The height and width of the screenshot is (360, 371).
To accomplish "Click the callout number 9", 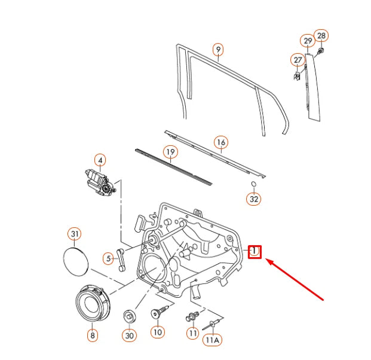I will click(x=217, y=48).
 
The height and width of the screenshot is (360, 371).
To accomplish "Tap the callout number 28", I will click(x=321, y=36).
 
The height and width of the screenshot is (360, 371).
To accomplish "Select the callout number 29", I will click(x=307, y=41).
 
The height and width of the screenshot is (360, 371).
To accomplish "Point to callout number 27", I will click(x=298, y=60).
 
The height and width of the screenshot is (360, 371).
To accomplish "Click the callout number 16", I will click(x=221, y=142).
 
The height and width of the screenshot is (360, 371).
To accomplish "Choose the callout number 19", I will click(x=170, y=152).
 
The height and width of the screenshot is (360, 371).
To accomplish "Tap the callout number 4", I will click(x=100, y=160).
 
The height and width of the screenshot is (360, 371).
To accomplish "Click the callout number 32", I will click(x=255, y=199).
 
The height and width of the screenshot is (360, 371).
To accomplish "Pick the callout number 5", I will click(x=108, y=258).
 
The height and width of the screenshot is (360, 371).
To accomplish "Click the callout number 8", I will click(x=92, y=335).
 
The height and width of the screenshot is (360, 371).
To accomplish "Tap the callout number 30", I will click(x=130, y=335).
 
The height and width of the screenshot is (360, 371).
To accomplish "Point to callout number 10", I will click(x=157, y=331).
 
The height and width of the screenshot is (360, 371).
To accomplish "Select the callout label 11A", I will click(x=213, y=340).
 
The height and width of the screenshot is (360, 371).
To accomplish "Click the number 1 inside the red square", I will click(x=255, y=251).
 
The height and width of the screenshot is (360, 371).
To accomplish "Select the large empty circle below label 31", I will click(x=75, y=261).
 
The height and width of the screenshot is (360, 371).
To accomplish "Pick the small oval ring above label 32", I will click(x=253, y=183).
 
